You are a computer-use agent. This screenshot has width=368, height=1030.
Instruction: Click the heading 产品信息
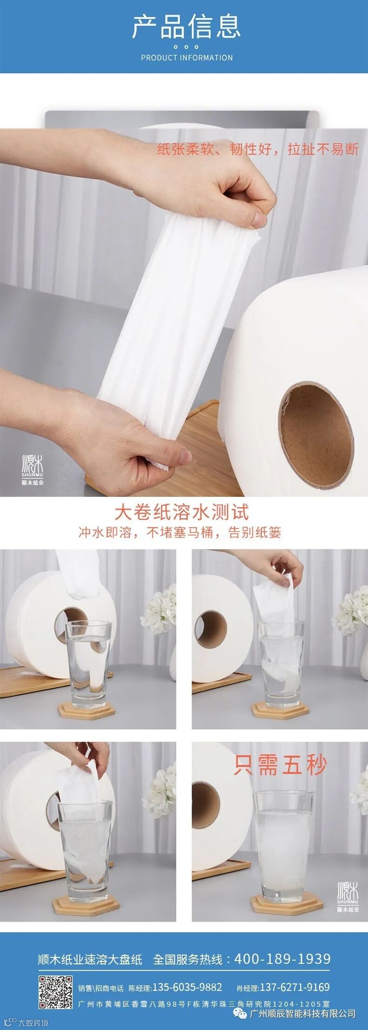pos(186,26)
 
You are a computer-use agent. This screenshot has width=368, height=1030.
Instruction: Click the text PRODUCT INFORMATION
pos(187,58)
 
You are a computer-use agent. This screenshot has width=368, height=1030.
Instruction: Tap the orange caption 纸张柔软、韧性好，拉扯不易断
pos(258,149)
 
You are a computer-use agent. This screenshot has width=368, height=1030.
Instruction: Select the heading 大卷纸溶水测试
pos(181,513)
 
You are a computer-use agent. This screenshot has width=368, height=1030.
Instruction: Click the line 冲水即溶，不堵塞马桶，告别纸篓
pos(180,532)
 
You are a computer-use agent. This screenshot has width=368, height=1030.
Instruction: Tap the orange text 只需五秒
pos(280,765)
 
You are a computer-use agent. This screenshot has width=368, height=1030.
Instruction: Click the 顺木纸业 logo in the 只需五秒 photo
pos(348,897)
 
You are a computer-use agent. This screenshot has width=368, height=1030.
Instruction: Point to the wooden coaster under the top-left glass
pos(87,711)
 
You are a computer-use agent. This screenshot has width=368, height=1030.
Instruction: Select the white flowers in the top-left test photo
pos(159,610)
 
